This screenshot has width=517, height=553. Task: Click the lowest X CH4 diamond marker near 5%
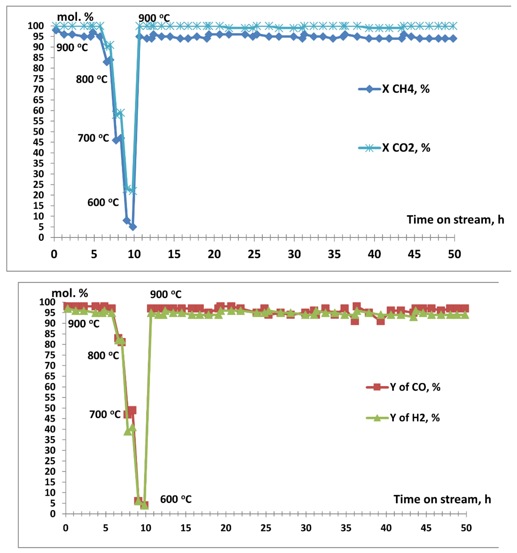tap(133, 227)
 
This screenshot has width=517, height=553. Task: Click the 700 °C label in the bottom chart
tap(105, 414)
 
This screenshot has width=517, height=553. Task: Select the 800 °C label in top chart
tap(92, 79)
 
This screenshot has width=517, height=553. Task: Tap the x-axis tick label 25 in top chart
tap(254, 254)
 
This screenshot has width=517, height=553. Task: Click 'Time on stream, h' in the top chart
tap(455, 220)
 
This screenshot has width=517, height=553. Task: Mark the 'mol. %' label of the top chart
tap(75, 17)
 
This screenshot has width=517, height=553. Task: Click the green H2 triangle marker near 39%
tap(128, 431)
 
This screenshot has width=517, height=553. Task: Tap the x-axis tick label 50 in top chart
tap(454, 254)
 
